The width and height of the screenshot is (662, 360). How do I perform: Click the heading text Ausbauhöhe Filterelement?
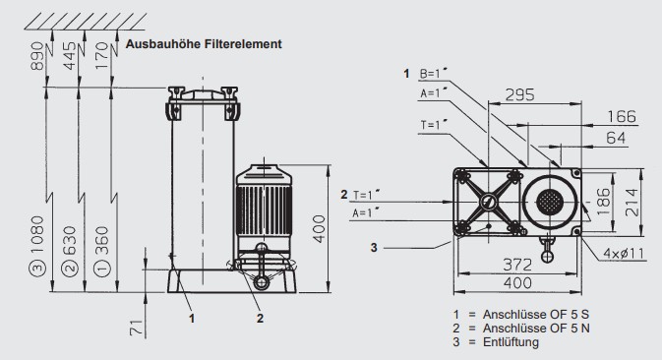pyautogui.click(x=204, y=45)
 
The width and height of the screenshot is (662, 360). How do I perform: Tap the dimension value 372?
pyautogui.click(x=511, y=263)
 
